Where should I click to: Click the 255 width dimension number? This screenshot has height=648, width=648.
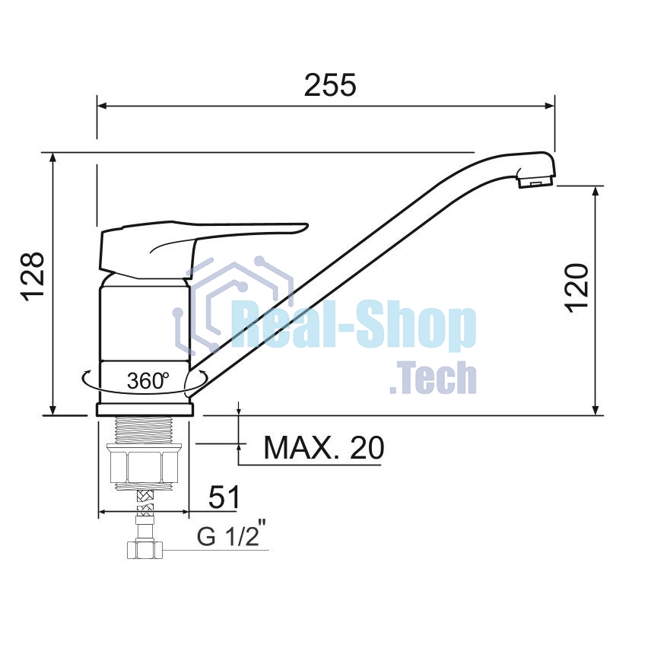[x=330, y=85]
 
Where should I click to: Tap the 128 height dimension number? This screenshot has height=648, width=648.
[x=32, y=276]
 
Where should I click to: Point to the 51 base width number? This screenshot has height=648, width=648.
[x=224, y=497]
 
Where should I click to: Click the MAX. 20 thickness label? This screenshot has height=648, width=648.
[x=324, y=447]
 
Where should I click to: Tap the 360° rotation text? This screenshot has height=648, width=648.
[x=148, y=380]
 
